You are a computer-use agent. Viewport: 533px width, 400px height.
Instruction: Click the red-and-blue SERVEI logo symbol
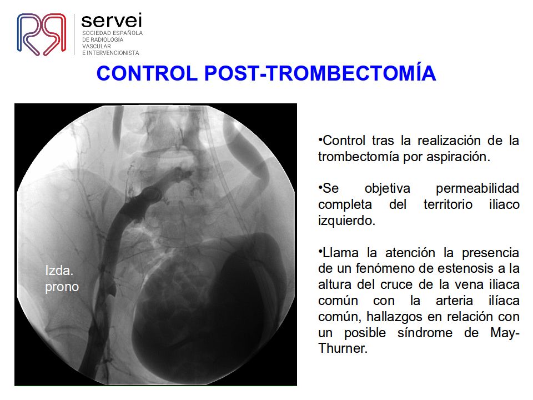pos(42,34)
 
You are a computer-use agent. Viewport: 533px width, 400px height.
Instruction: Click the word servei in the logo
pos(112,21)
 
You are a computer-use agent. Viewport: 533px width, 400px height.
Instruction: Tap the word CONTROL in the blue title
pos(147,73)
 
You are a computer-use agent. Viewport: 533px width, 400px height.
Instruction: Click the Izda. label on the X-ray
pos(59,271)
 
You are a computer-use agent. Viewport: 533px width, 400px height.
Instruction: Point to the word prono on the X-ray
pos(62,287)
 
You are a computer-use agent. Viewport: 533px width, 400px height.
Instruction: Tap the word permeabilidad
pos(477,188)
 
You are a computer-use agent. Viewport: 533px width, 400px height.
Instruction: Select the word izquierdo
pos(346,221)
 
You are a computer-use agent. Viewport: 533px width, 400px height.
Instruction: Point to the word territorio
pos(447,204)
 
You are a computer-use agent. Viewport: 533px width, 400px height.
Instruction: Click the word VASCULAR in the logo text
pos(96,46)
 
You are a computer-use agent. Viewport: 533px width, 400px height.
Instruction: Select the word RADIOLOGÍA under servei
pos(107,39)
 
